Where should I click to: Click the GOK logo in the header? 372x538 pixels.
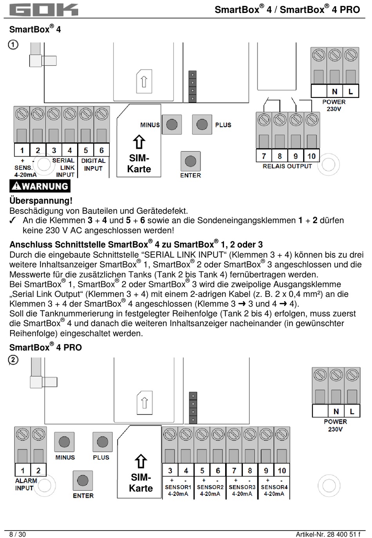tap(43, 10)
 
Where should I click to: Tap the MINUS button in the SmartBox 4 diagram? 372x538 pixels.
tap(172, 125)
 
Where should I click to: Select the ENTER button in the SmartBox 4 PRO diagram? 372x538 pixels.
tap(83, 480)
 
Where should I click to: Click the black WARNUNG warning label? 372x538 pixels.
tap(40, 186)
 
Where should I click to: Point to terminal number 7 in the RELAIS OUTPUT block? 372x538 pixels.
tap(264, 156)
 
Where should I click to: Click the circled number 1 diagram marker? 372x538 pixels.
tap(13, 45)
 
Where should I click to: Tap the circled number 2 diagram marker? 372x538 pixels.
tap(13, 360)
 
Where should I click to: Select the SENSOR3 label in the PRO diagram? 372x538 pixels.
tap(242, 487)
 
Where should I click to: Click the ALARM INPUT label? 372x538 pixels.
tap(26, 484)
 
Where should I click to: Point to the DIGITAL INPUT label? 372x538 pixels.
tap(93, 164)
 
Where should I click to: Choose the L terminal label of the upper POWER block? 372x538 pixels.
tap(350, 92)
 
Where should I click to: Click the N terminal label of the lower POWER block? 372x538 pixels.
tap(336, 412)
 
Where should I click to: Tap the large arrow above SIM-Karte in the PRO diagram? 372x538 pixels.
tap(141, 461)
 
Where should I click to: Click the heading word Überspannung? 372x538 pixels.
tap(41, 201)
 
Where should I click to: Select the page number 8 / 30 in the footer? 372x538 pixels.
tap(18, 534)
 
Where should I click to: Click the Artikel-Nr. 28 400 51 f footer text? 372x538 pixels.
tap(328, 534)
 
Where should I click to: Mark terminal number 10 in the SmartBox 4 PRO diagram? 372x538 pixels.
tap(282, 470)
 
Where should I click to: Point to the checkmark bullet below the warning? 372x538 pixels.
tap(13, 220)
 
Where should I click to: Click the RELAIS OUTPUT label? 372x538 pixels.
tap(287, 166)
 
